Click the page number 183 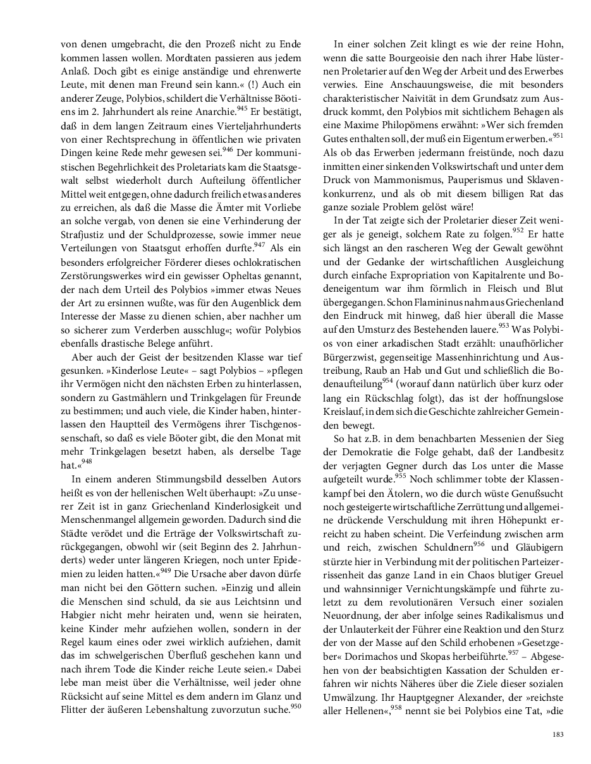pos(557,734)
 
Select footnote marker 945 pos(242,108)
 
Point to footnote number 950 pos(295,705)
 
